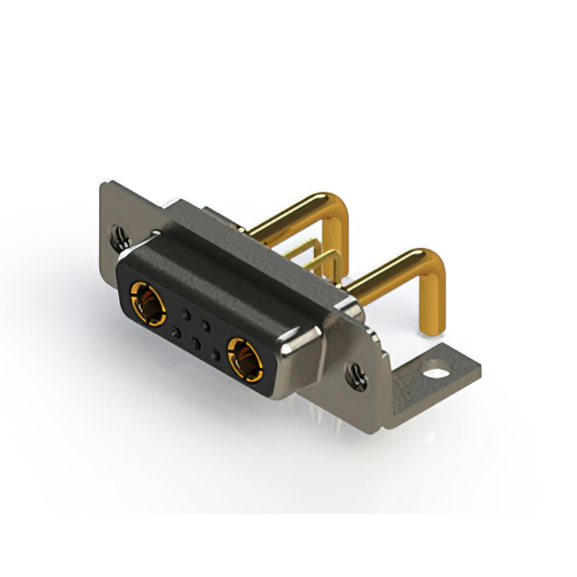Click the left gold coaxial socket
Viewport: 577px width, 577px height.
(x=147, y=302)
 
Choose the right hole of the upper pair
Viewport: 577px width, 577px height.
(x=206, y=325)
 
